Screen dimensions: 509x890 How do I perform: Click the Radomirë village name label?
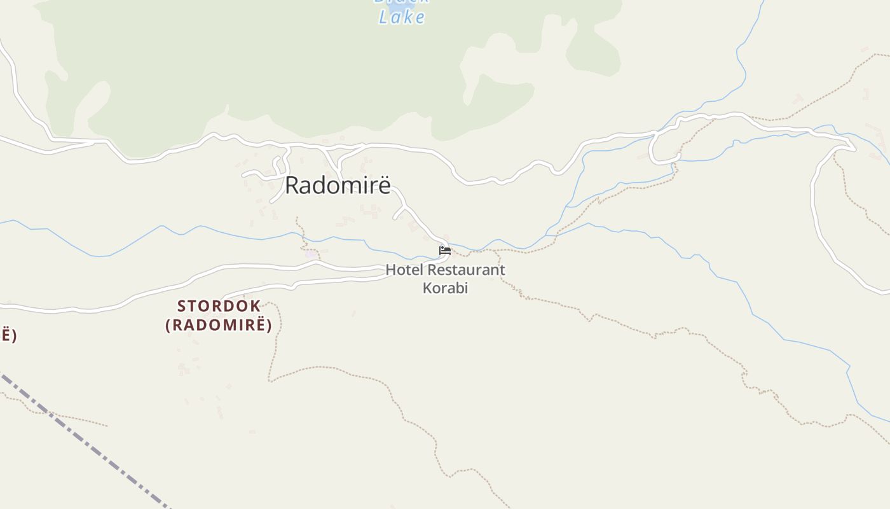tap(337, 185)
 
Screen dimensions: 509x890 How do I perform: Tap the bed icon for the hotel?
tap(445, 250)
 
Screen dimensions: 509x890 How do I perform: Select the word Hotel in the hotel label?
tap(404, 270)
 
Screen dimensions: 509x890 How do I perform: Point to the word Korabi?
tap(446, 288)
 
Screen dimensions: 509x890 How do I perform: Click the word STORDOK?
tap(219, 306)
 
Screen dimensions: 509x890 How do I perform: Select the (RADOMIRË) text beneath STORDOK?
tap(219, 325)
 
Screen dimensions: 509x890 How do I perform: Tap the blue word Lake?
tap(402, 17)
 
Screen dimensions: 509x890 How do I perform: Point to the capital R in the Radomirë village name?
tap(292, 185)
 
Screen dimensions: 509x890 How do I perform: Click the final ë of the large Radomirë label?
tap(384, 185)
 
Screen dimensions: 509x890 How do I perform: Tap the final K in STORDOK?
tap(256, 306)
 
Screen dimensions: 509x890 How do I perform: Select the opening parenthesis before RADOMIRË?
tap(168, 325)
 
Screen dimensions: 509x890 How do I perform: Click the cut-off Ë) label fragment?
tap(8, 335)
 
